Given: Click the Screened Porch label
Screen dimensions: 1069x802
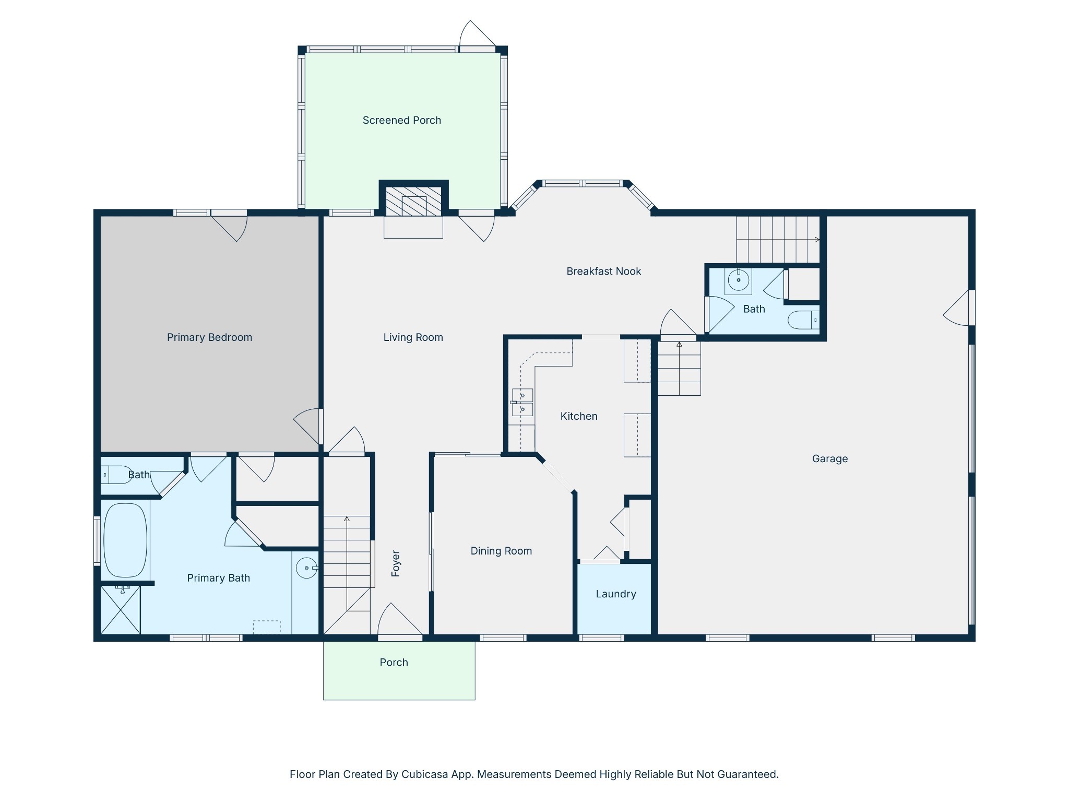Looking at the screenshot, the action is [401, 120].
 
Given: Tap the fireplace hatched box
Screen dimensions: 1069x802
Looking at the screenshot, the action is [413, 201].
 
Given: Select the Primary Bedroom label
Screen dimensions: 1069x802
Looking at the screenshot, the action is [209, 337].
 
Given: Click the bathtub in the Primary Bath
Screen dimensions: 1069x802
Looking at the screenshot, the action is [125, 540].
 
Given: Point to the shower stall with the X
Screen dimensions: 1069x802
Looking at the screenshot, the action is [121, 609].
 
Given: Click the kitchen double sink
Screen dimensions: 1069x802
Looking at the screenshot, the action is [522, 403].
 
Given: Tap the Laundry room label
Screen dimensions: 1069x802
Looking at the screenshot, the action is [616, 594].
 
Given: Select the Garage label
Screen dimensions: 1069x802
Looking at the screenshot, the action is [830, 458].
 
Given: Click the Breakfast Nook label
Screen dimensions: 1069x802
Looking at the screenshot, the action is [603, 271].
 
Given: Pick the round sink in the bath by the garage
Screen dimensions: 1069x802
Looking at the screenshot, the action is [738, 280].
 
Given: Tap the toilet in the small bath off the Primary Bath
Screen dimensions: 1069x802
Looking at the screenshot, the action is [116, 475].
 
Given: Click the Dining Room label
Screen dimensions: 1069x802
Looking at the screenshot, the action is [501, 551].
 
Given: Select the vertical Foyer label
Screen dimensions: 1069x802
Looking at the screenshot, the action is [395, 563].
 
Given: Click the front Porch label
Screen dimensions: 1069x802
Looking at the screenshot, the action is [394, 662].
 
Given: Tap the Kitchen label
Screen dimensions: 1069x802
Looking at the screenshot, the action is [579, 416].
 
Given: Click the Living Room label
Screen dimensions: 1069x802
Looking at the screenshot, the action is [413, 337].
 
